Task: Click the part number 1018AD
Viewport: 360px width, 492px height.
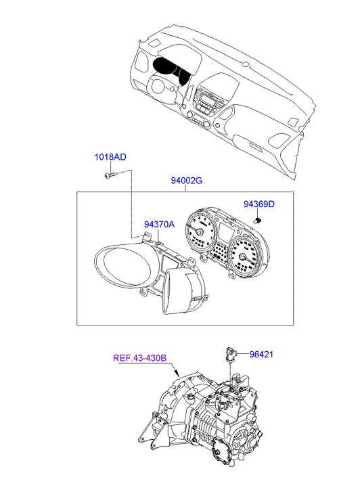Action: [110, 157]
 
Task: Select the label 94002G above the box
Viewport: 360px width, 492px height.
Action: [187, 181]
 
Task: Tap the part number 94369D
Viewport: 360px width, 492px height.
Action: [259, 204]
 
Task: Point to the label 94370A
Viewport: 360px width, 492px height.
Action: [159, 225]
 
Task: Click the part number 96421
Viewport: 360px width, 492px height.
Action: [261, 354]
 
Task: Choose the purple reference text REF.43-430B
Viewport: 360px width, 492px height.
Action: [139, 358]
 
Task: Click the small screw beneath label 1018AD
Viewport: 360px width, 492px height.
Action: [110, 175]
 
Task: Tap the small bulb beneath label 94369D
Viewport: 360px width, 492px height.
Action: [258, 220]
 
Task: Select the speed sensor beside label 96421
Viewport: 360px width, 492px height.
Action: [231, 355]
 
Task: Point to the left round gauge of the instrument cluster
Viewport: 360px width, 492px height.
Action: [200, 231]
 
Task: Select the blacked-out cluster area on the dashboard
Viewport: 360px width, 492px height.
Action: [171, 71]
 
